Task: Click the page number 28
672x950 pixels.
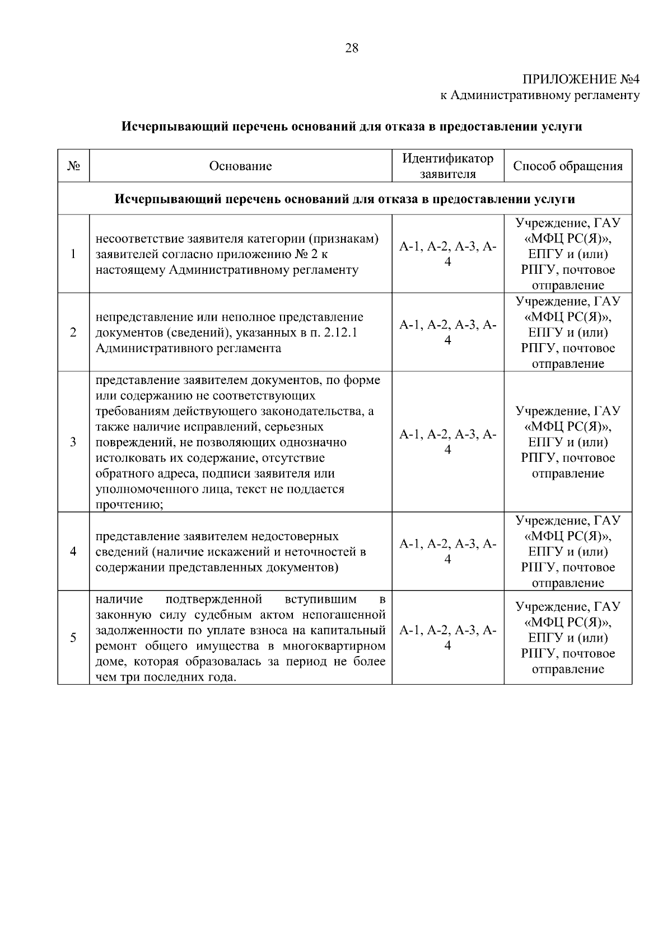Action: tap(352, 48)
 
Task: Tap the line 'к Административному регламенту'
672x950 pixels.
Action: tap(540, 95)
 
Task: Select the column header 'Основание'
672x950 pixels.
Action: tap(240, 166)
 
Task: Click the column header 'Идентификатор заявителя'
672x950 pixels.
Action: tap(447, 166)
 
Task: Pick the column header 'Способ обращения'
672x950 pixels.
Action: tap(567, 166)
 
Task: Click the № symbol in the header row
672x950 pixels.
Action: tap(73, 166)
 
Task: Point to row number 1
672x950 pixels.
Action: tap(73, 254)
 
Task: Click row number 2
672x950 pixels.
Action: tap(73, 333)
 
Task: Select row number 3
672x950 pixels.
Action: tap(73, 442)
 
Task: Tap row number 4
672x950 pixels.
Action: tap(73, 552)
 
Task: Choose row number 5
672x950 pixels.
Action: tap(73, 638)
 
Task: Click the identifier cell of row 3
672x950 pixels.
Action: tap(447, 442)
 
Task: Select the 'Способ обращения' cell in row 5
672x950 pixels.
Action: tap(567, 638)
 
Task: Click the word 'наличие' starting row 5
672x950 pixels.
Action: tap(119, 600)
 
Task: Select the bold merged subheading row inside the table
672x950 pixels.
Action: tap(344, 199)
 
